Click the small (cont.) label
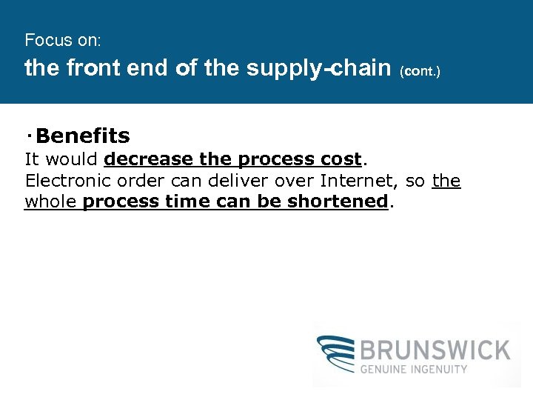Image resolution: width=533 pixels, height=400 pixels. coord(420,72)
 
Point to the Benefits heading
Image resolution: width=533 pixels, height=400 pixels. coord(82,136)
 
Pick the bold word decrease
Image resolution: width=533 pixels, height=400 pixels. coord(149,159)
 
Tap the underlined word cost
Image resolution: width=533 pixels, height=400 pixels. coord(340,159)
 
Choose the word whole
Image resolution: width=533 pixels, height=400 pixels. coord(50,201)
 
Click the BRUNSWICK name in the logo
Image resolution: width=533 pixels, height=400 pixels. coord(435,350)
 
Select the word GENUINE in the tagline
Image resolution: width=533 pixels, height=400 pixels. coord(386,369)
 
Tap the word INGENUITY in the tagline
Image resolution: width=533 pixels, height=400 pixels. coord(440,369)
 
